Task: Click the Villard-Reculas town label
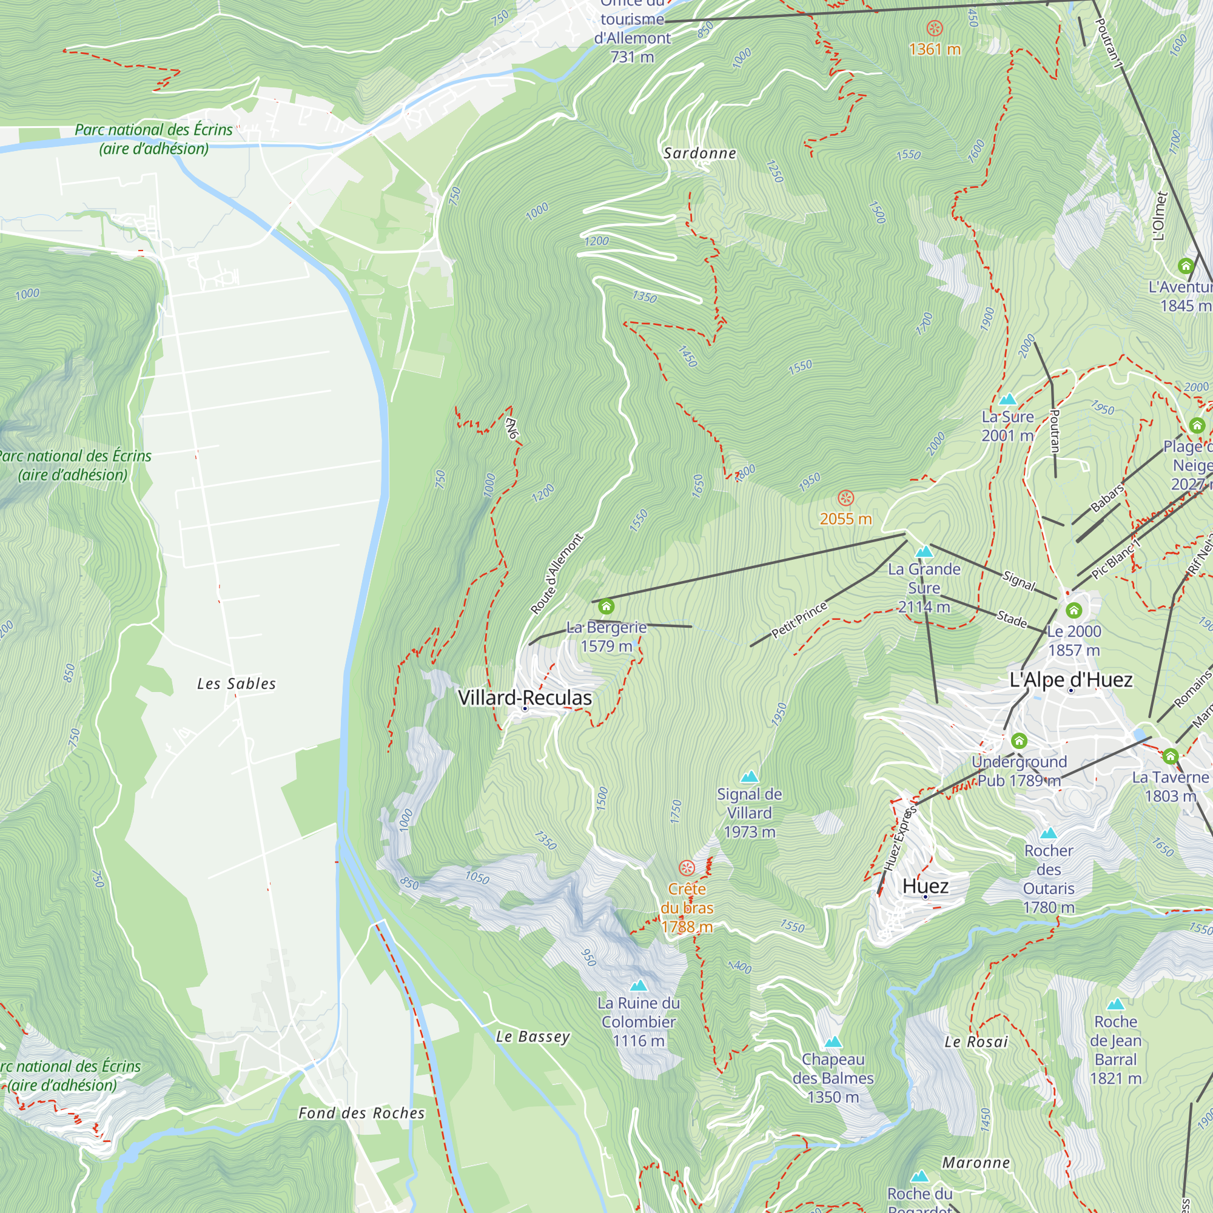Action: point(524,697)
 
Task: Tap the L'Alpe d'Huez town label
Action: point(1070,679)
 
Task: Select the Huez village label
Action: point(925,886)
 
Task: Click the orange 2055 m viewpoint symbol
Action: point(845,499)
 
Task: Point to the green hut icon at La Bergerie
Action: point(606,606)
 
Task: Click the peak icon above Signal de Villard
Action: point(749,778)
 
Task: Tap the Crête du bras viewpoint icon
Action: point(687,869)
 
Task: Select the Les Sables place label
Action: point(236,684)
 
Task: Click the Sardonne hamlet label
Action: point(699,153)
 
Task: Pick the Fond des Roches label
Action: point(361,1113)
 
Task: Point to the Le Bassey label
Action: point(533,1037)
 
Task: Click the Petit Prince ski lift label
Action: point(799,620)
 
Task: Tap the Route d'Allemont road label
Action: point(556,574)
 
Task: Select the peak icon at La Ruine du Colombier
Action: point(638,986)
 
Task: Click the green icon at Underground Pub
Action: point(1019,741)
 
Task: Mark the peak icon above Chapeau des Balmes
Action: point(833,1042)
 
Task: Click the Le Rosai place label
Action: point(976,1042)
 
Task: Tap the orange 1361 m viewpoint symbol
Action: point(934,29)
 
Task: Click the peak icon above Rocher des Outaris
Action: point(1048,834)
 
